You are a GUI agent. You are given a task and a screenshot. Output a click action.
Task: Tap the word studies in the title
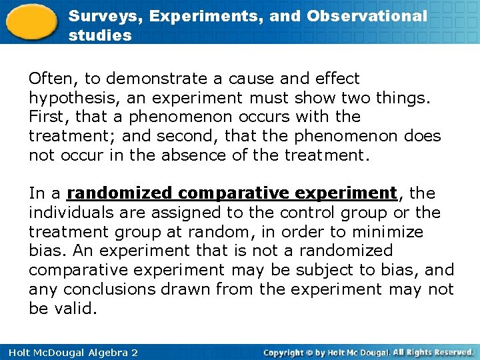100,35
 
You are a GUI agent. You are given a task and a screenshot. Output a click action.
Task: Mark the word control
309,213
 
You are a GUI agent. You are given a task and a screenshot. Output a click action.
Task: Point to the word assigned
184,213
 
